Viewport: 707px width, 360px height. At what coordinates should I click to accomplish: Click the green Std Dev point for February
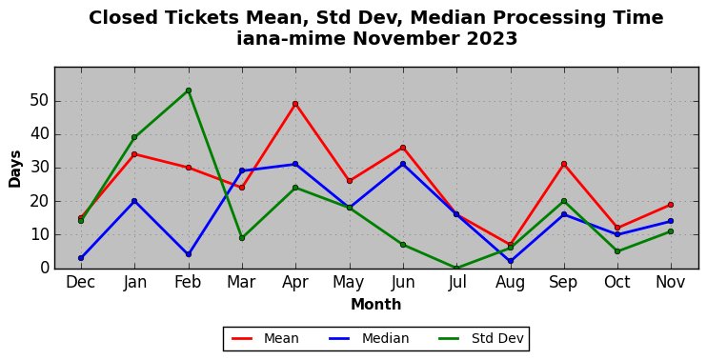coord(189,90)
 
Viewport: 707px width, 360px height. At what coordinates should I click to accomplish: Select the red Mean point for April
coord(295,104)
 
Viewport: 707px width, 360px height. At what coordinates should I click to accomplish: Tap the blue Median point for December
coord(81,258)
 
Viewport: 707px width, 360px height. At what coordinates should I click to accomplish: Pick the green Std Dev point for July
coord(456,268)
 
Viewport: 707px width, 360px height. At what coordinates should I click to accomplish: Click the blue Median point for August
coord(510,261)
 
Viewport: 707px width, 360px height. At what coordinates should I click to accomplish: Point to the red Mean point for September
coord(564,164)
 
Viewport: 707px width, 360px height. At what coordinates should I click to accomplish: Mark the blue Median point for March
coord(242,170)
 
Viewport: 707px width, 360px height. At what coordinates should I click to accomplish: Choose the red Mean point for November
coord(671,205)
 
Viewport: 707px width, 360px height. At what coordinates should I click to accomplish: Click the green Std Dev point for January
coord(134,137)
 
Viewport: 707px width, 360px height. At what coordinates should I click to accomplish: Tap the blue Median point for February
coord(189,254)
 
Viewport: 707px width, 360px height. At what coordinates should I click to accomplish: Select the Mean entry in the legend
coord(265,338)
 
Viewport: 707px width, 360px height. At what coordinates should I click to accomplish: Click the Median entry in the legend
coord(369,338)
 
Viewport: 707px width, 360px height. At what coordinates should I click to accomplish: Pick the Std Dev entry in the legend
coord(481,338)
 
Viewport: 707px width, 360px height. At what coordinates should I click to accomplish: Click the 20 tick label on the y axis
coord(39,201)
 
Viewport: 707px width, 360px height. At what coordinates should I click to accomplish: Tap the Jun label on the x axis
coord(403,283)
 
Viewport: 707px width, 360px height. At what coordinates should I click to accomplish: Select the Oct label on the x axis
coord(617,283)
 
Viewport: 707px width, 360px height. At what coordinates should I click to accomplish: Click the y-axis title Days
coord(15,169)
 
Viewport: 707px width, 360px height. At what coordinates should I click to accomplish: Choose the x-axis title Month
coord(376,305)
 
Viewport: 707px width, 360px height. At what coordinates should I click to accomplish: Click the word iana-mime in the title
coord(292,39)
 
